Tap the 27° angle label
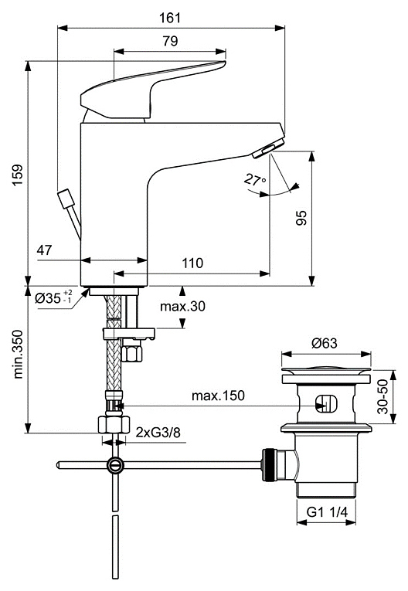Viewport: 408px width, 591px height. (x=254, y=180)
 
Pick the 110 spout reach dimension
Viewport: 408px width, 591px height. (x=192, y=263)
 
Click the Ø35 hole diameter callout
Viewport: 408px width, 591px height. (x=53, y=297)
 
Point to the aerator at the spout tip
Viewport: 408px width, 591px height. (x=272, y=147)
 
